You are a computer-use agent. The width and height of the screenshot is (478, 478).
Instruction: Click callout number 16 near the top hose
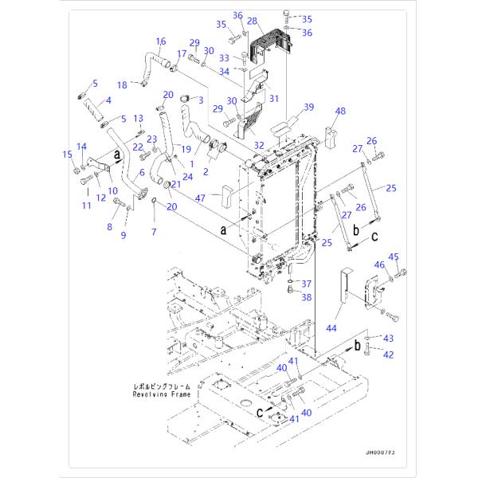pyautogui.click(x=160, y=41)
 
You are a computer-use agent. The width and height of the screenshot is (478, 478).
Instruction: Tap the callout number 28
pyautogui.click(x=253, y=21)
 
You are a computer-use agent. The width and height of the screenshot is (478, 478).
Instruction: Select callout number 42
pyautogui.click(x=389, y=355)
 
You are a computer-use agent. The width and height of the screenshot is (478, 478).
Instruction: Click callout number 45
pyautogui.click(x=392, y=256)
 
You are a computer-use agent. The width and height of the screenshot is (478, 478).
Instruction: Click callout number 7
pyautogui.click(x=155, y=231)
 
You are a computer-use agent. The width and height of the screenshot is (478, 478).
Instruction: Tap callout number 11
pyautogui.click(x=86, y=206)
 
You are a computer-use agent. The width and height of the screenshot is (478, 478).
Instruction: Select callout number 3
pyautogui.click(x=201, y=100)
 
